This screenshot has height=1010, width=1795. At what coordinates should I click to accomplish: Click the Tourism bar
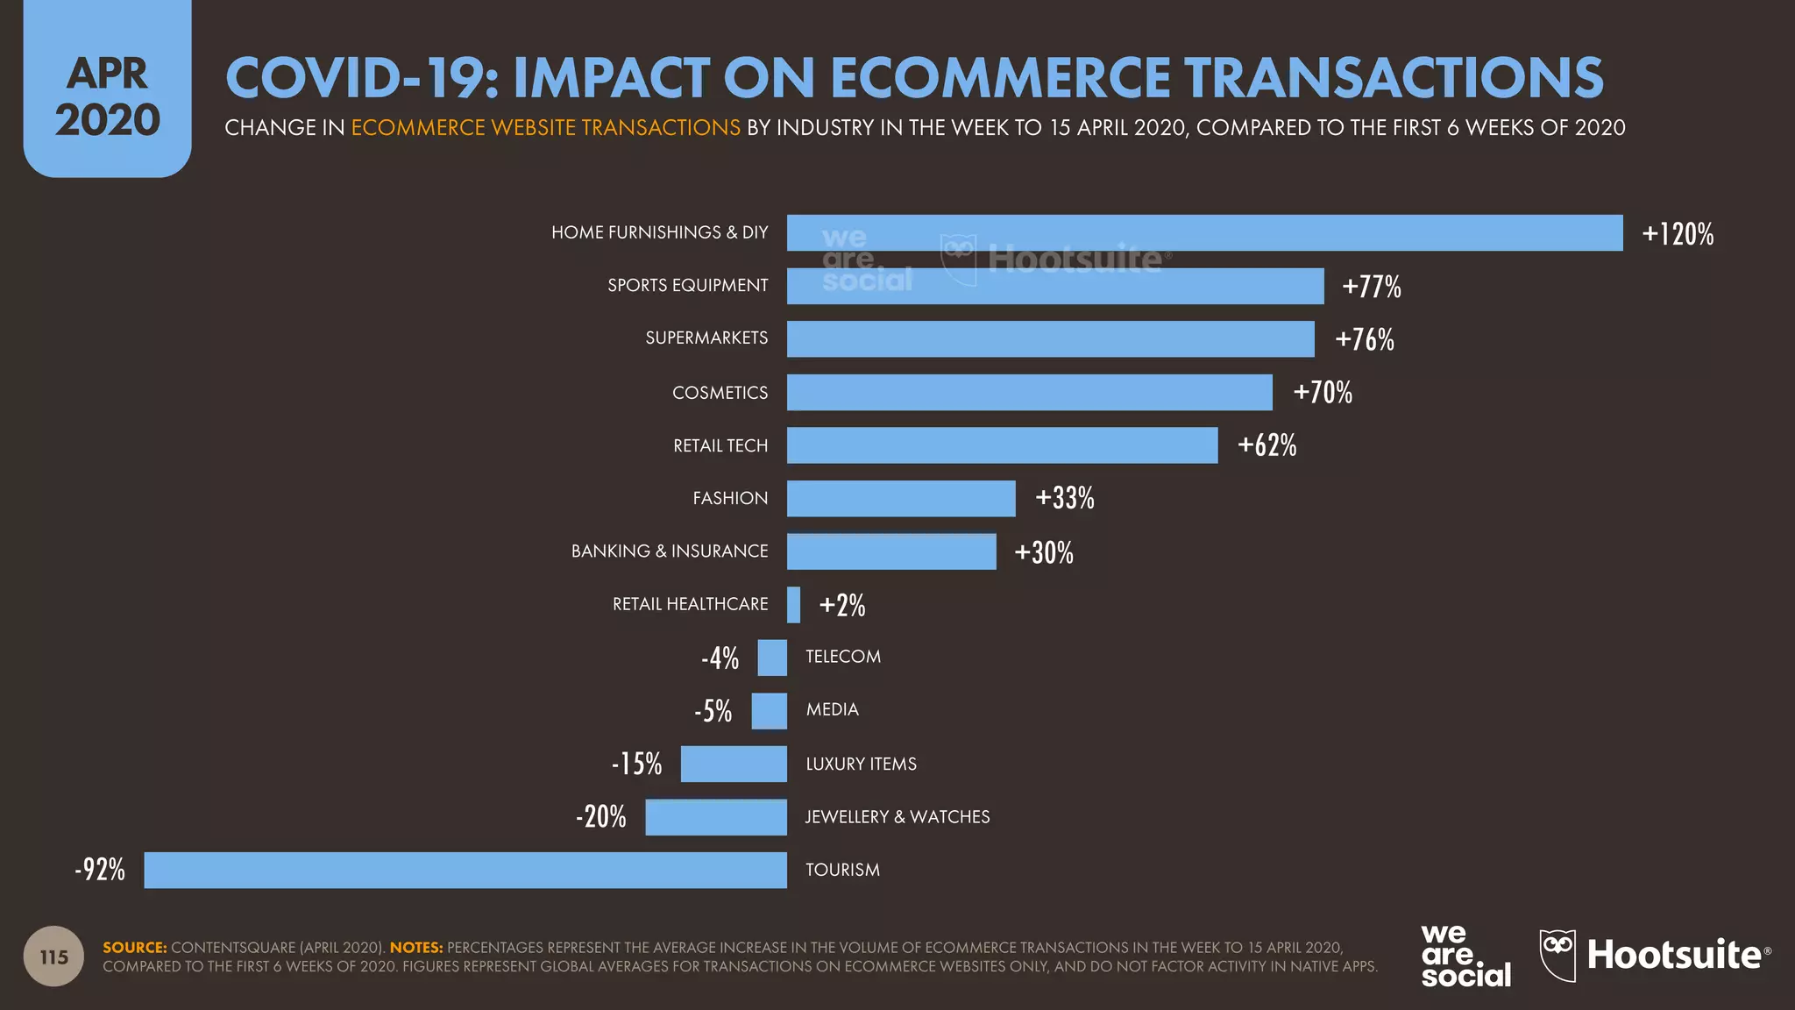(465, 870)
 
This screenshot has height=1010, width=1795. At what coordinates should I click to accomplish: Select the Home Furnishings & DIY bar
(1204, 233)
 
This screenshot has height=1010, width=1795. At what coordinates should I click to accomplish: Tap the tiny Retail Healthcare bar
(794, 605)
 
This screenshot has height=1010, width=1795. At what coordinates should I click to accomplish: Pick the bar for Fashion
(901, 498)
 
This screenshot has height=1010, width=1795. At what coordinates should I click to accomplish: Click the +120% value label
(1678, 234)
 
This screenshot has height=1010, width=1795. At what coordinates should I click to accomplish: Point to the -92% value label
(100, 870)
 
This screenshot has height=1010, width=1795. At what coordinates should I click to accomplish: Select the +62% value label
(1266, 445)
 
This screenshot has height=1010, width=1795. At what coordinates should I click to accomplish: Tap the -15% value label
(637, 764)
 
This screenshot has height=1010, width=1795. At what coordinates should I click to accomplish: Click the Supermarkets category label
(706, 338)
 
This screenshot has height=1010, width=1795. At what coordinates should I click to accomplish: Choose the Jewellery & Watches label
(897, 817)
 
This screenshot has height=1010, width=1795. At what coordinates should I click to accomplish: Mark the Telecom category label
(843, 657)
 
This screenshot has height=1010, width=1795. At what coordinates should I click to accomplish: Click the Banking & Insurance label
(670, 551)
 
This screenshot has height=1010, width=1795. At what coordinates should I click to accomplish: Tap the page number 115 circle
(53, 957)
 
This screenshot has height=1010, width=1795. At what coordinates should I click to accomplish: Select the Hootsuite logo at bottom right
(1655, 956)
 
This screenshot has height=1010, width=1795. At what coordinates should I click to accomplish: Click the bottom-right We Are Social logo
(1465, 956)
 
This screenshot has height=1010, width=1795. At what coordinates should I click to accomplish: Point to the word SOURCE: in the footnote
(134, 948)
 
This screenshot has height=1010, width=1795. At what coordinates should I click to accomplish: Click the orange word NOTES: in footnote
(416, 948)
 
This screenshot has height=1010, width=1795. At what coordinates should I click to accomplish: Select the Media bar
(769, 711)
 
